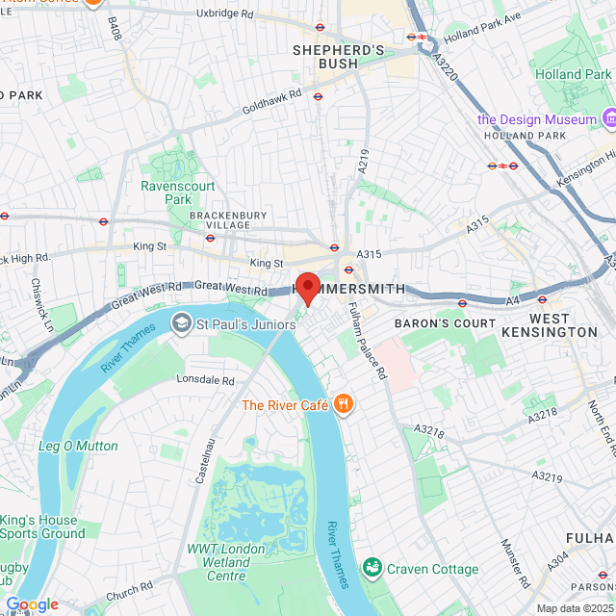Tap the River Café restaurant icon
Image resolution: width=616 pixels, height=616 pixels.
click(344, 405)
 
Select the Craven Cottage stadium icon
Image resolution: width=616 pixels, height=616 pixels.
click(372, 569)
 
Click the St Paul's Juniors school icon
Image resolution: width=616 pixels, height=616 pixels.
click(181, 322)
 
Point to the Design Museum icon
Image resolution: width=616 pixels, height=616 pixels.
click(608, 119)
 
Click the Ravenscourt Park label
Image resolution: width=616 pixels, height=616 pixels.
click(166, 192)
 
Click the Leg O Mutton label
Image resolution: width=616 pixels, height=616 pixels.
click(78, 446)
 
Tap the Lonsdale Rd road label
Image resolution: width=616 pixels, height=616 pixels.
click(206, 380)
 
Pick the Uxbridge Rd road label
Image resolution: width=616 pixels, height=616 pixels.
click(224, 15)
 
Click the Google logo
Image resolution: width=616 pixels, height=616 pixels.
click(32, 604)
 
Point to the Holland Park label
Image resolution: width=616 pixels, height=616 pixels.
click(586, 74)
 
